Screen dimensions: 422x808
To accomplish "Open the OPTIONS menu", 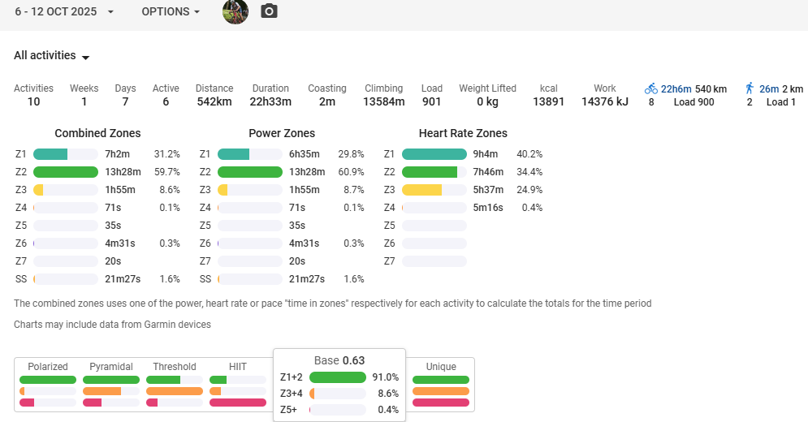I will coord(171,12).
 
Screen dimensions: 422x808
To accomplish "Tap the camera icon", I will coord(269,11).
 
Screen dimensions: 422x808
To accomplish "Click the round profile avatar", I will coord(235,11).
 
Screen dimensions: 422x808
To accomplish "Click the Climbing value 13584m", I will coord(383,102).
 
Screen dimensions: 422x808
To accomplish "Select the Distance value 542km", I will coord(214,102).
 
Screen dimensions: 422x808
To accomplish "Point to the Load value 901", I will coord(432,102).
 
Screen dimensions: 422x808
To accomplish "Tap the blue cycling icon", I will coord(651,88).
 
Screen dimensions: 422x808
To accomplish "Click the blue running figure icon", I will coord(750,88).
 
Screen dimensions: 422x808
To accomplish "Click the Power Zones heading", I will coord(282,133).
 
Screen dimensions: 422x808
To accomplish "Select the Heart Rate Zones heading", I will coord(463,133).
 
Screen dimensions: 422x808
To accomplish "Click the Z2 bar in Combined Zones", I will coord(66,172).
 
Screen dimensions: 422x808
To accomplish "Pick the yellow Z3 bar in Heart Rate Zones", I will coord(422,190).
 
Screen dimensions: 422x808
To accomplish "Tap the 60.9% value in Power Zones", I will coord(351,172).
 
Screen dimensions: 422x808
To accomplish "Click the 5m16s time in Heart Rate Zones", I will coord(489,208).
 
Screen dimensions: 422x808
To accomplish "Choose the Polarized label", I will coord(48,367).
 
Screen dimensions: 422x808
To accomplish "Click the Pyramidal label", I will coord(111,367).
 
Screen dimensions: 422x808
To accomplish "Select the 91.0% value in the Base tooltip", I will coord(385,377).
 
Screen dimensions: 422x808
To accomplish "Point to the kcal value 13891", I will coord(548,102).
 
